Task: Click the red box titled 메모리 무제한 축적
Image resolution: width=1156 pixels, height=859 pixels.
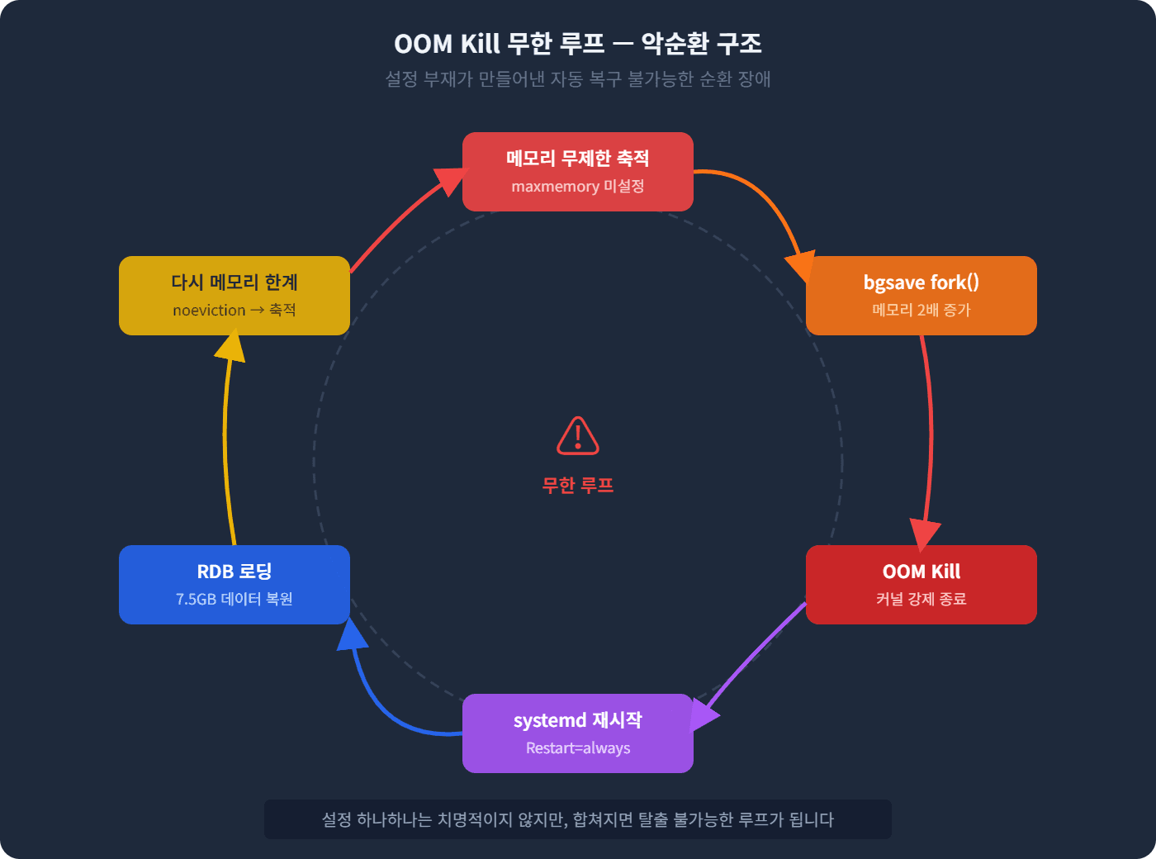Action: (x=577, y=171)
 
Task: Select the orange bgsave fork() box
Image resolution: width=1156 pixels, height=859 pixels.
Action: (x=921, y=295)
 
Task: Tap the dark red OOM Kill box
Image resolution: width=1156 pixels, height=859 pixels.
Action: (x=921, y=584)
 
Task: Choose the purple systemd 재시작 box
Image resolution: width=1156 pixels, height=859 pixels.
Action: (x=577, y=733)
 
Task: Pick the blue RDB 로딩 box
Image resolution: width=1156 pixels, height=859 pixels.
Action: (x=234, y=584)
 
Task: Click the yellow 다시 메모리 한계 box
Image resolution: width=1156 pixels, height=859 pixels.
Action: (x=234, y=295)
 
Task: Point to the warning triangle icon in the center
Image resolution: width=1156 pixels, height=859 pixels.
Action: (x=578, y=436)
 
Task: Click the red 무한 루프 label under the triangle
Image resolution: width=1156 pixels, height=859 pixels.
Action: (x=578, y=486)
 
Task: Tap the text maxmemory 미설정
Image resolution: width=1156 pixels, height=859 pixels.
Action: (x=577, y=187)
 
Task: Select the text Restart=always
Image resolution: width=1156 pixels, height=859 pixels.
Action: (x=577, y=748)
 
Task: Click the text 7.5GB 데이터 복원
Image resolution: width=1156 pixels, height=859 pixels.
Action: (x=234, y=600)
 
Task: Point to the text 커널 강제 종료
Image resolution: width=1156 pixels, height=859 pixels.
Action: (x=921, y=600)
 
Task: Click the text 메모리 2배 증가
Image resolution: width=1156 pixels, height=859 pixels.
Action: (x=921, y=311)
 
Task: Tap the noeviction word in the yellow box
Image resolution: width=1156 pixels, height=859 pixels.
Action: (x=209, y=311)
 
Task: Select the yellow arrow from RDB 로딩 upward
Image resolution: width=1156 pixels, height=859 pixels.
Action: (x=225, y=438)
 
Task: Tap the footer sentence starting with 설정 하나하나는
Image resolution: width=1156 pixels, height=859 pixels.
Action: (x=577, y=820)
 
